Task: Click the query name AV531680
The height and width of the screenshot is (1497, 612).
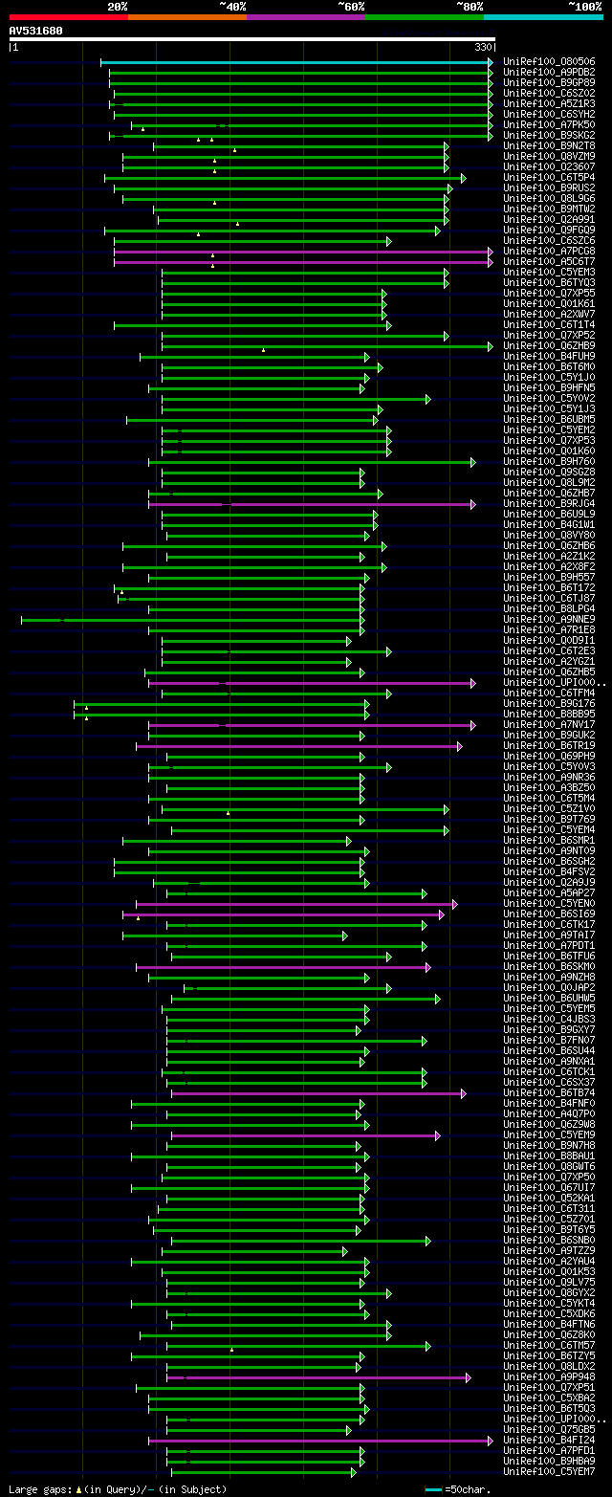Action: pos(36,31)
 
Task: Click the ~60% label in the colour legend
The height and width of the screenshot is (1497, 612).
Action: pos(351,6)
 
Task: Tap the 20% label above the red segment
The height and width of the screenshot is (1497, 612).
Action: pos(118,6)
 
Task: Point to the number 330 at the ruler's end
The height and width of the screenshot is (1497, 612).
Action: pos(483,47)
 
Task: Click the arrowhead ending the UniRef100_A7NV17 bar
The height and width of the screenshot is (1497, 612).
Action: pos(472,725)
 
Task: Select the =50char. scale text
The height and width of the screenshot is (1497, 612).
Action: pos(469,1489)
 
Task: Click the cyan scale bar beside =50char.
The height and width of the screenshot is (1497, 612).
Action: pos(434,1489)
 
